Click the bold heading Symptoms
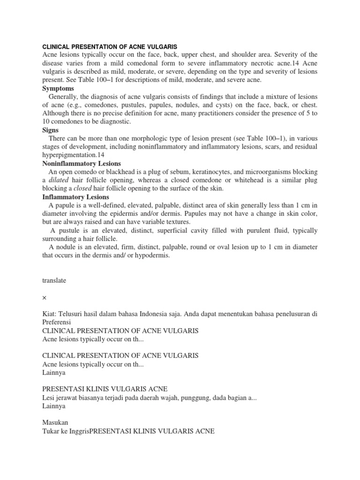click(59, 88)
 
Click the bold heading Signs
click(51, 130)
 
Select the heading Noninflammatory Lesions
click(82, 164)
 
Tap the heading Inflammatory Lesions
click(76, 197)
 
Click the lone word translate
click(54, 280)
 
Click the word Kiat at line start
click(49, 314)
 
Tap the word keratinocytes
click(188, 172)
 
